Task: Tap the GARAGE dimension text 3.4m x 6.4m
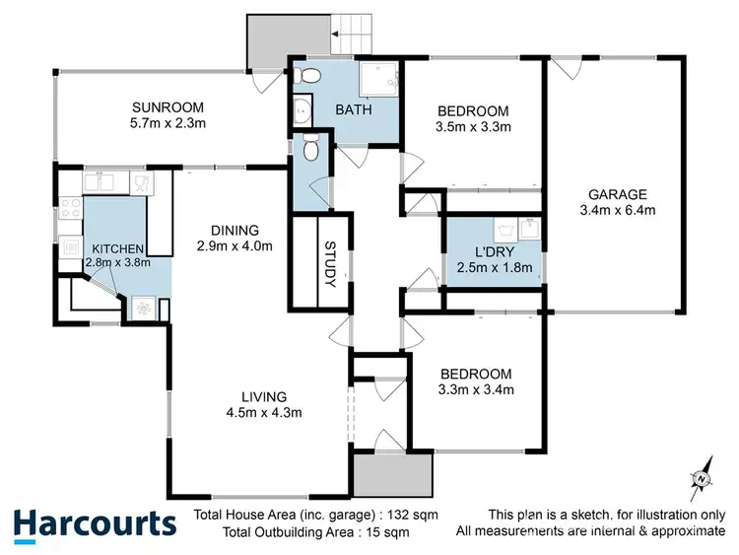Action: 619,210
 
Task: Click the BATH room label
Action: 354,110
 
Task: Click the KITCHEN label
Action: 118,248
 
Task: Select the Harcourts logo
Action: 95,524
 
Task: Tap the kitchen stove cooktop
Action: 71,208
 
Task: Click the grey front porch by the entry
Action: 392,476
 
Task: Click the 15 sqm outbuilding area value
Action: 385,532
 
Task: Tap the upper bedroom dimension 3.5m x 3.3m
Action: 474,126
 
